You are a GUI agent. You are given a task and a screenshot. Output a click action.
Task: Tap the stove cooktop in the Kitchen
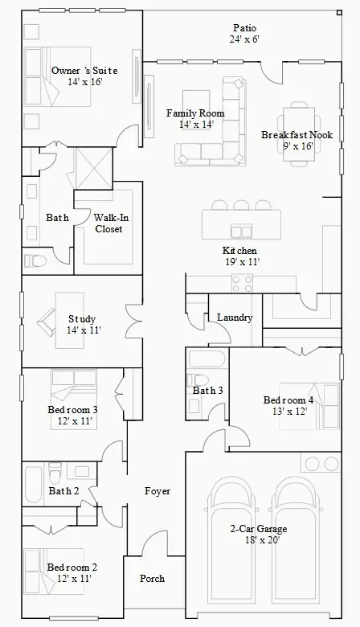coord(242,283)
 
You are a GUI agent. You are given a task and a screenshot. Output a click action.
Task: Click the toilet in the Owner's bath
coord(35,260)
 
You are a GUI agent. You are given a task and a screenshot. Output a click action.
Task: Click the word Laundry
coord(235,318)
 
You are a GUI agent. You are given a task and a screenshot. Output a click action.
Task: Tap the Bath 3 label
coord(207,391)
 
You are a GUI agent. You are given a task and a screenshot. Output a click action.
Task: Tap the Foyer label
coord(157,490)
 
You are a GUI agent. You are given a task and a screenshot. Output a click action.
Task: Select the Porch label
coord(152,578)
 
